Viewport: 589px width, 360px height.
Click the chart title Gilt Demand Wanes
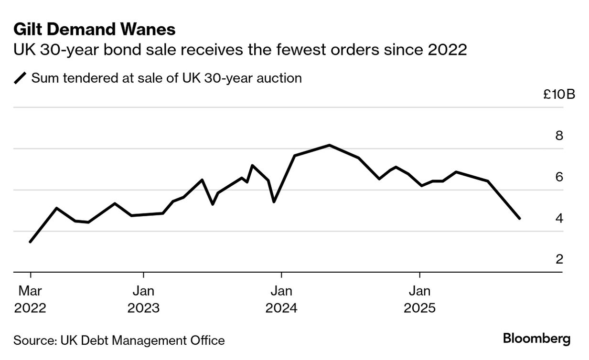click(x=94, y=30)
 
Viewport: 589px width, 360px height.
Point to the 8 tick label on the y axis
click(x=559, y=136)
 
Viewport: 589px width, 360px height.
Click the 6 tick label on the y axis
click(x=559, y=177)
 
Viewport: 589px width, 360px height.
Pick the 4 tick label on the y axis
click(x=559, y=218)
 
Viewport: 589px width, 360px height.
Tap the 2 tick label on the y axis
click(x=559, y=259)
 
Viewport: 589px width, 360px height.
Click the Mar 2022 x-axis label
click(x=30, y=299)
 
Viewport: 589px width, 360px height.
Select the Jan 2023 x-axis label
click(x=143, y=299)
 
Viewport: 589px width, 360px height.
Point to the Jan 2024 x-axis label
click(x=281, y=299)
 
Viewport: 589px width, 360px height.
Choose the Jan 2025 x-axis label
click(x=419, y=299)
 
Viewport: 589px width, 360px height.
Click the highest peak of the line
click(x=330, y=145)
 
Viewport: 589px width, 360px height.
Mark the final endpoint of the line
click(x=519, y=219)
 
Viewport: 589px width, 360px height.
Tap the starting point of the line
click(x=30, y=242)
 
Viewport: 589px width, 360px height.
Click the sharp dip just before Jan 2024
click(x=273, y=202)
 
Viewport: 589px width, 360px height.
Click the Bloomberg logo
click(x=536, y=339)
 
